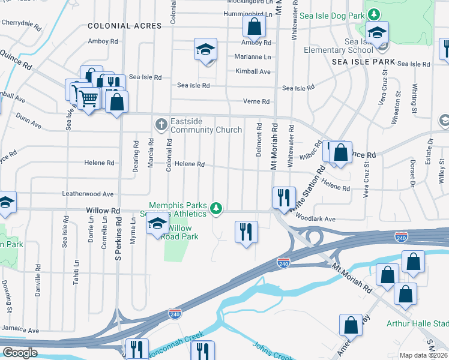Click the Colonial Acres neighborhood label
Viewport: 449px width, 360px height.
124,26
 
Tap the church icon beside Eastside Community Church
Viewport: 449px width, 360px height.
161,125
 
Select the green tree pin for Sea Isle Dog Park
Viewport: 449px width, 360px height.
374,13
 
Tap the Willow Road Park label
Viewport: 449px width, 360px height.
181,232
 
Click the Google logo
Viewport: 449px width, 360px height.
20,353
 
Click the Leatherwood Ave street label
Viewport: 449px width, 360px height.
88,194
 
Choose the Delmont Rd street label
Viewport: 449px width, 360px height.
259,140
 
